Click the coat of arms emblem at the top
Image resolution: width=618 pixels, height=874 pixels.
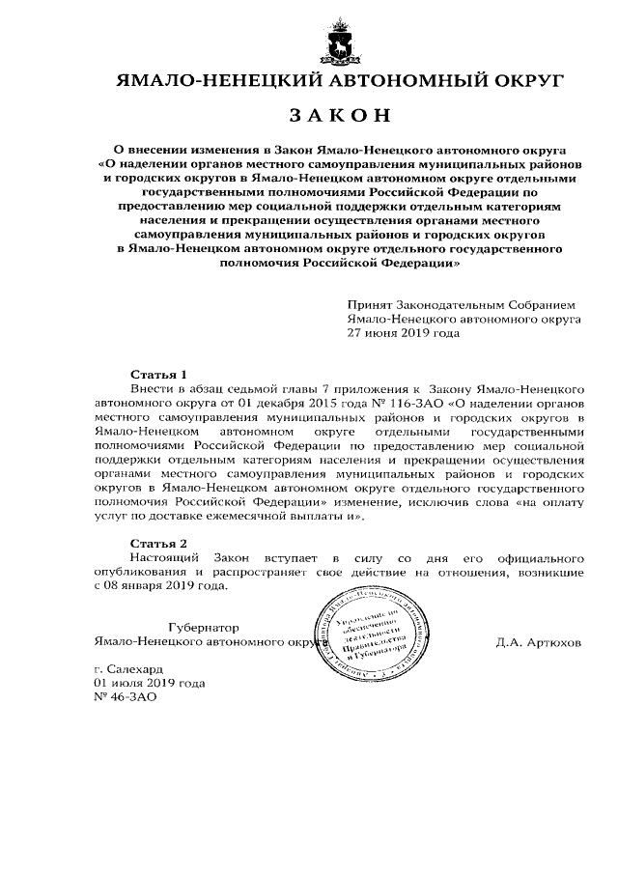click(x=340, y=42)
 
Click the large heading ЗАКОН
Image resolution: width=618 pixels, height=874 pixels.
click(x=339, y=117)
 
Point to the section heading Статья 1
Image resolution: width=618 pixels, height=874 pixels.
click(x=157, y=372)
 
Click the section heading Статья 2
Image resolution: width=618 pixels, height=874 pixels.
click(x=157, y=544)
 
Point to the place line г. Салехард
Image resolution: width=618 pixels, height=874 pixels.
click(x=129, y=668)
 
